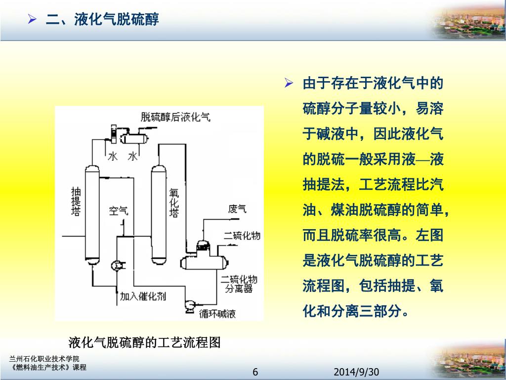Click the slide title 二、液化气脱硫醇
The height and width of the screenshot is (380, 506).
coord(102,20)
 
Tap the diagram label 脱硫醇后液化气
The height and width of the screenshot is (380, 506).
coord(175,117)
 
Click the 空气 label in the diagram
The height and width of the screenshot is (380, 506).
coord(119,211)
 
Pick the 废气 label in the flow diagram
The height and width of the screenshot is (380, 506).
coord(237,209)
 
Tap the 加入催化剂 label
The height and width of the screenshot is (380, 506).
coord(143,296)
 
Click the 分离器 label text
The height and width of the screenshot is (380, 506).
coord(239,288)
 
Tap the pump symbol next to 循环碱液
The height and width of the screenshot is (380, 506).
coord(188,306)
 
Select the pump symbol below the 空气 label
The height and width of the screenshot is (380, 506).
coord(118,265)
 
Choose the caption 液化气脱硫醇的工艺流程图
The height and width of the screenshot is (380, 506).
coord(144,342)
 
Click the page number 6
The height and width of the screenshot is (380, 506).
coord(255,372)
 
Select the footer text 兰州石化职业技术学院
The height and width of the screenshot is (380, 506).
coord(44,359)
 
